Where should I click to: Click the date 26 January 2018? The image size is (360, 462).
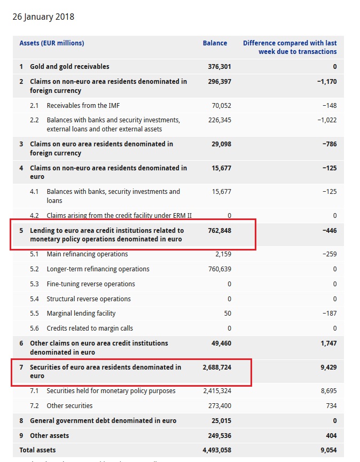(43, 17)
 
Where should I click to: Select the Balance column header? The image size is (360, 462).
(215, 43)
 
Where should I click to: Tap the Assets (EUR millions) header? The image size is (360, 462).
(52, 43)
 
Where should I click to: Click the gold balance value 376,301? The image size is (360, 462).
(220, 67)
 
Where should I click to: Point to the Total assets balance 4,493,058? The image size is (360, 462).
(217, 450)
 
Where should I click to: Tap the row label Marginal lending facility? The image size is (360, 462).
(81, 314)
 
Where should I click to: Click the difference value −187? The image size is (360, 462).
(330, 314)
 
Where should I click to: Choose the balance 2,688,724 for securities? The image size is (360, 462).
(217, 367)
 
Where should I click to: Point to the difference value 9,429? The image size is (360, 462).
(328, 367)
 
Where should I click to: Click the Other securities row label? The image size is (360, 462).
(69, 406)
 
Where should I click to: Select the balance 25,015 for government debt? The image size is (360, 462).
(221, 421)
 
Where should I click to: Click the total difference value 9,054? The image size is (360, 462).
(328, 450)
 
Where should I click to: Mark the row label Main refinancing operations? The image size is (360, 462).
(87, 254)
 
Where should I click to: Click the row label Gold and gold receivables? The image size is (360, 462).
(69, 67)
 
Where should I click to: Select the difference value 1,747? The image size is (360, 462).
(328, 343)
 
